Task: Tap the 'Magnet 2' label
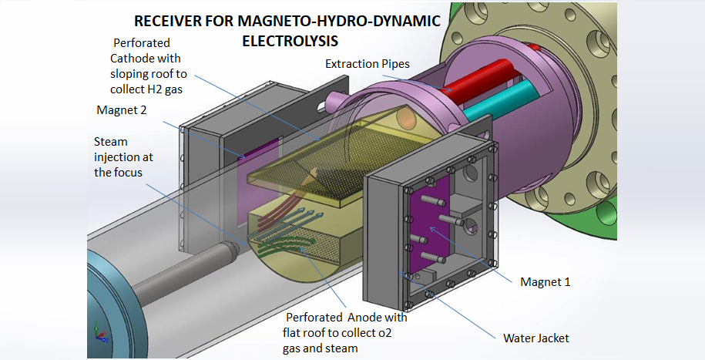coord(122,109)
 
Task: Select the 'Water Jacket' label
coord(535,338)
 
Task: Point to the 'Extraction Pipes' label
coord(367,63)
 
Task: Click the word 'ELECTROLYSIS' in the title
coord(290,38)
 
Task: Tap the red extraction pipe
coord(462,89)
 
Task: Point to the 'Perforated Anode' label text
coord(347,318)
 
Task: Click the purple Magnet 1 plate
coord(427,231)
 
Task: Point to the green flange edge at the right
coord(678,254)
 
